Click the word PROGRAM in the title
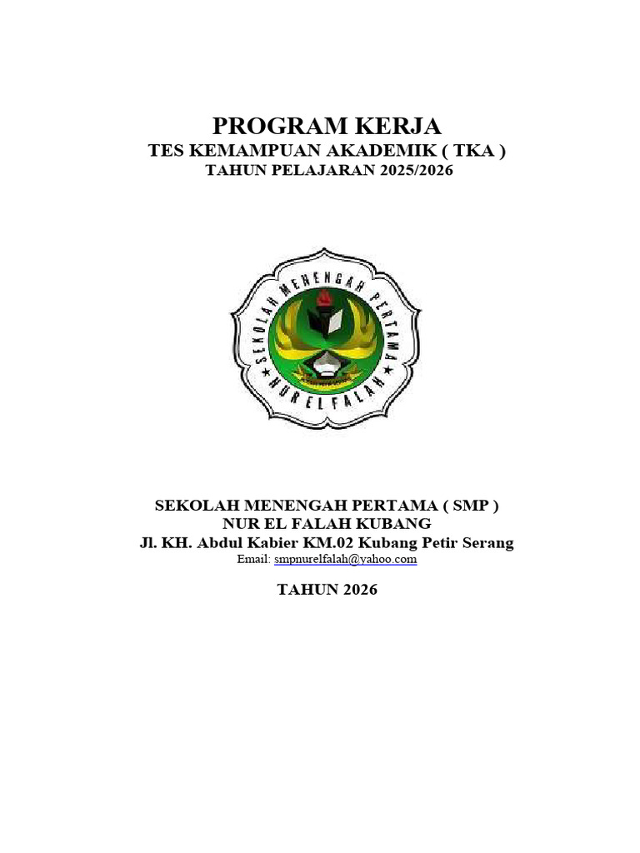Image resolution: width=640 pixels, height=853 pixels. click(x=270, y=127)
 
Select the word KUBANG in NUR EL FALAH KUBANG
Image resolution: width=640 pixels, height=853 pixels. click(x=396, y=524)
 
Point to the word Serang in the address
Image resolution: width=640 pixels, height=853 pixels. click(x=487, y=543)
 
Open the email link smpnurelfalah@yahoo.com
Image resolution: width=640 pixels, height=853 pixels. click(x=345, y=560)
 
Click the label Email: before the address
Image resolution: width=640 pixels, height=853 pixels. click(x=253, y=560)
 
